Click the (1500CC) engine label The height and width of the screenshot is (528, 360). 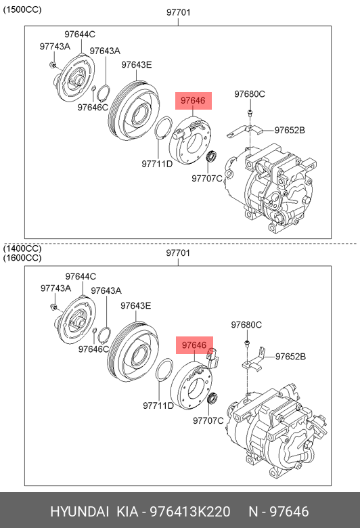[22, 9]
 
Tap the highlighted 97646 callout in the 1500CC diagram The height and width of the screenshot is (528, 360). [194, 101]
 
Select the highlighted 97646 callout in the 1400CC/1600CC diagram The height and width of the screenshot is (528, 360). [194, 345]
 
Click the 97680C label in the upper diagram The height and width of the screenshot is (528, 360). [250, 94]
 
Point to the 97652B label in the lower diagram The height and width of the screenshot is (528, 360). [290, 356]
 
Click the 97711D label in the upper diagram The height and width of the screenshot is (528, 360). [157, 164]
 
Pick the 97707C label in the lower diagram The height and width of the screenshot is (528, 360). [208, 420]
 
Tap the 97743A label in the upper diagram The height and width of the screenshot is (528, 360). [55, 47]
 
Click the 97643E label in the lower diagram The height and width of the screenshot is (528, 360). [136, 306]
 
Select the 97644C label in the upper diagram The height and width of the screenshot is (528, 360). [80, 35]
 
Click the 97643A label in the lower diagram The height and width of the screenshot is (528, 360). [106, 290]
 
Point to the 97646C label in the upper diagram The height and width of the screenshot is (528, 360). [93, 108]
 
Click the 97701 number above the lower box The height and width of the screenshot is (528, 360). [178, 253]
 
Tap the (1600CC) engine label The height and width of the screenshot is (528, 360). [22, 258]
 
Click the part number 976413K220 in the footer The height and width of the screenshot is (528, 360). [190, 512]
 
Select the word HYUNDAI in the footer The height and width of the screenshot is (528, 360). [79, 512]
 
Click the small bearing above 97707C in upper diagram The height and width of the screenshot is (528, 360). [212, 157]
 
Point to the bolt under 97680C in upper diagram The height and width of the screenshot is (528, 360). [250, 113]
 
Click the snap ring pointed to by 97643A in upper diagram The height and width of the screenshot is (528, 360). [104, 93]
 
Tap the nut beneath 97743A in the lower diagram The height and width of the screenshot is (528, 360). [53, 307]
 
